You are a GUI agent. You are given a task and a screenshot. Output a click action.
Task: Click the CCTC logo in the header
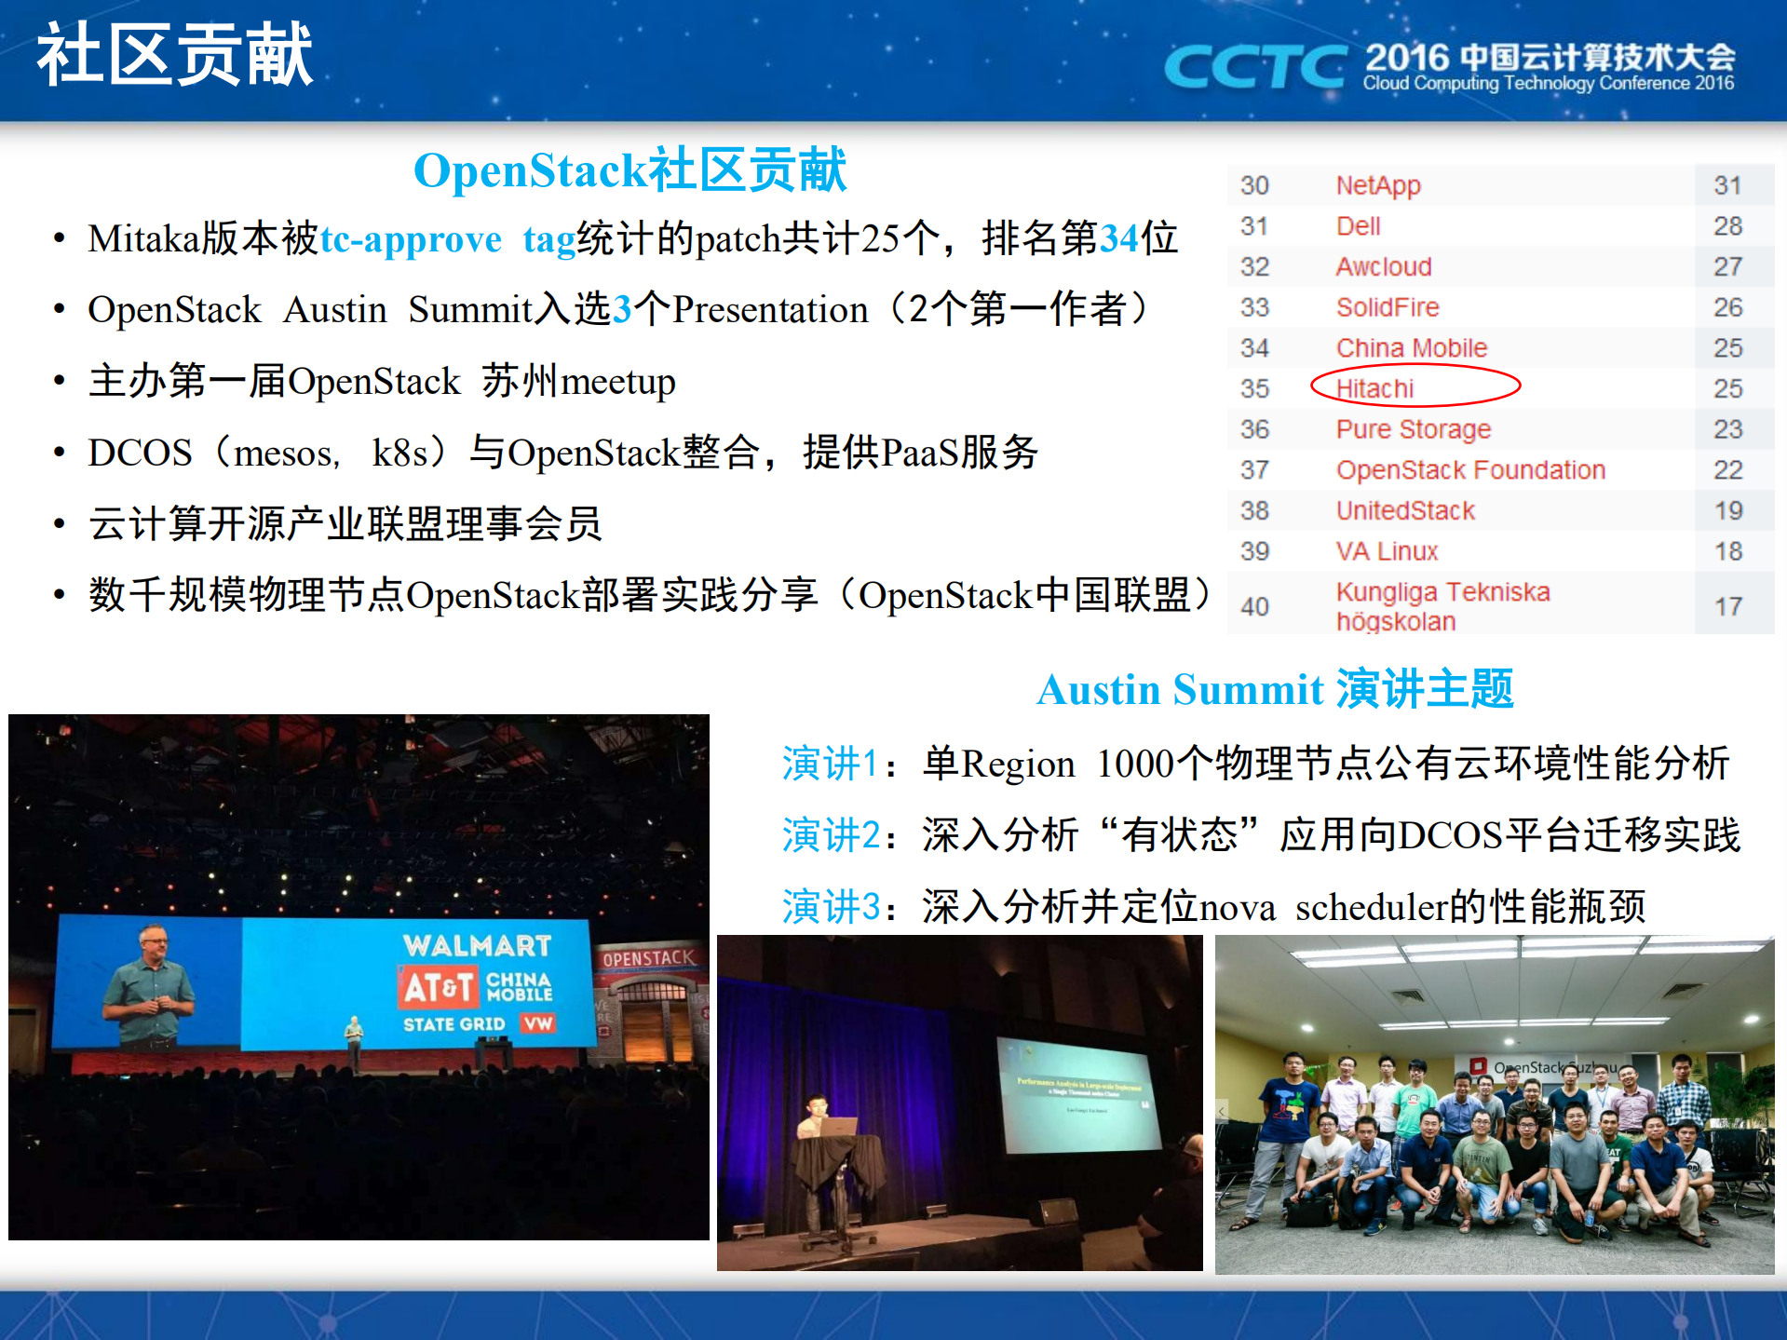[1254, 67]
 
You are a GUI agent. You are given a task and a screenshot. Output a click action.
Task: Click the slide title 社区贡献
[175, 56]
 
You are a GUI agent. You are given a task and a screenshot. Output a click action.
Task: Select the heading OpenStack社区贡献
[630, 170]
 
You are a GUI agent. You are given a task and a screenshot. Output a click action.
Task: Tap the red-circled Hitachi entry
[1374, 388]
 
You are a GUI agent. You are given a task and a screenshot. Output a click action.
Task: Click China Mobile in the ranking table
[1411, 348]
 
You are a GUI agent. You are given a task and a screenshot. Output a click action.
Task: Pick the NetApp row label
[1378, 185]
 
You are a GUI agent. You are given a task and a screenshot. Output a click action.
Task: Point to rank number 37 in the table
[1254, 470]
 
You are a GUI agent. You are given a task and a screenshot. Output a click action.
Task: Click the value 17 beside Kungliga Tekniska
[1727, 606]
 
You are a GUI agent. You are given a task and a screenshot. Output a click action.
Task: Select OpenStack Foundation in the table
[1470, 470]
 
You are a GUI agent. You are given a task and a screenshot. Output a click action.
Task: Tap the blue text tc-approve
[411, 239]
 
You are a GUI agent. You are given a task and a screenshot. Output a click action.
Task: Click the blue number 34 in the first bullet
[1119, 239]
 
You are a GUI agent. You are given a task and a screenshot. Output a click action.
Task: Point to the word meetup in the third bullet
[617, 382]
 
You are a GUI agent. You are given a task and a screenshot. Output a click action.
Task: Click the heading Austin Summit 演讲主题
[1275, 690]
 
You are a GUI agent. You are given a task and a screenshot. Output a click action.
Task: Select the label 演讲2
[831, 834]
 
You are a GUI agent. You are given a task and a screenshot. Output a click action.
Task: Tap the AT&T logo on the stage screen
[438, 987]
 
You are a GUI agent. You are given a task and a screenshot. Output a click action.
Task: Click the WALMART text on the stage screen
[477, 946]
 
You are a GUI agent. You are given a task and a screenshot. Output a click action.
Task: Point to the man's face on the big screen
[153, 948]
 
